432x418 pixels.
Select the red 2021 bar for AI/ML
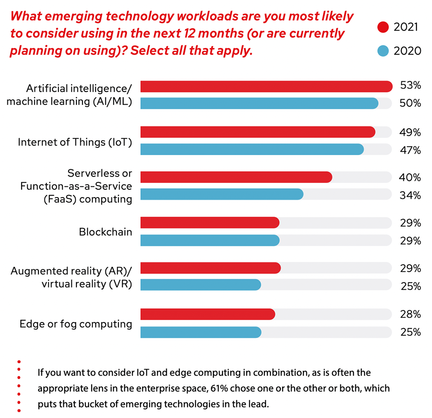click(266, 86)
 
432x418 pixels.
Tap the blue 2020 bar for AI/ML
click(259, 103)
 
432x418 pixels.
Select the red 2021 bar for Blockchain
click(210, 223)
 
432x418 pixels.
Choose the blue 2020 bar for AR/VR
click(201, 285)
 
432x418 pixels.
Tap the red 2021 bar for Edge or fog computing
click(208, 314)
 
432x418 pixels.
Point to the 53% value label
click(410, 86)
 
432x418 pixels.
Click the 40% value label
click(410, 177)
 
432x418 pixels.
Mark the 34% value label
click(410, 195)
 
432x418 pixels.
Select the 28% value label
click(410, 313)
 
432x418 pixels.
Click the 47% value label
click(410, 150)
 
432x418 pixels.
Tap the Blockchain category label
click(105, 232)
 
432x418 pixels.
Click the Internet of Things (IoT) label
click(75, 142)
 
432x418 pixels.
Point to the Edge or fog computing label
click(76, 324)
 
